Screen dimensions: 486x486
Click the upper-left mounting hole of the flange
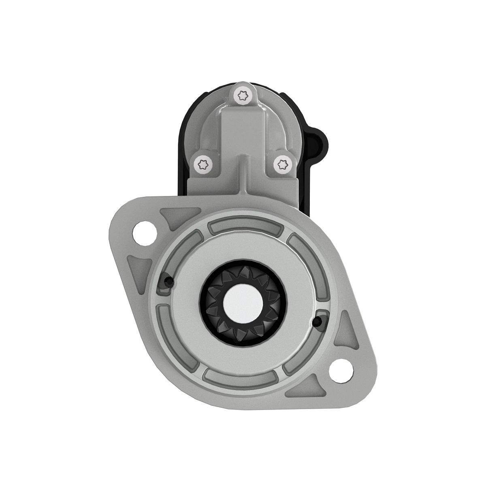pos(145,233)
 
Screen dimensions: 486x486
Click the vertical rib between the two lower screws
pos(243,172)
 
